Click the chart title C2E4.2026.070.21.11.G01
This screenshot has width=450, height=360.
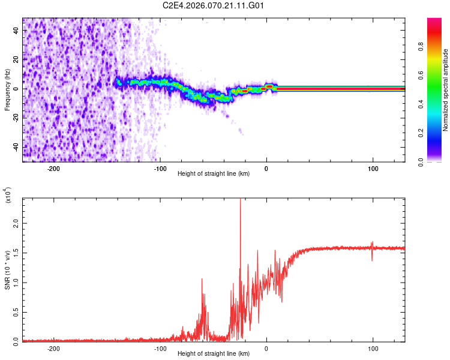(214, 5)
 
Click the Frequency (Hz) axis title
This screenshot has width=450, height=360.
(7, 89)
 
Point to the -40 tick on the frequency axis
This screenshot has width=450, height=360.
(16, 147)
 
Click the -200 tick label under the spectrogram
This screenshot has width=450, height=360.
(53, 169)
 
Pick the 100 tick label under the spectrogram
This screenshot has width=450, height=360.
(373, 169)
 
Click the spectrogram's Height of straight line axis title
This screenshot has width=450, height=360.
(214, 174)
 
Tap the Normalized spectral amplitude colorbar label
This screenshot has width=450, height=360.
(446, 90)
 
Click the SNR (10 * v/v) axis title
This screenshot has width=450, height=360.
(7, 270)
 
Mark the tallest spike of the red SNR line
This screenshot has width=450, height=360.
(240, 200)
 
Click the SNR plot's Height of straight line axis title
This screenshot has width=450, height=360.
(214, 354)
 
